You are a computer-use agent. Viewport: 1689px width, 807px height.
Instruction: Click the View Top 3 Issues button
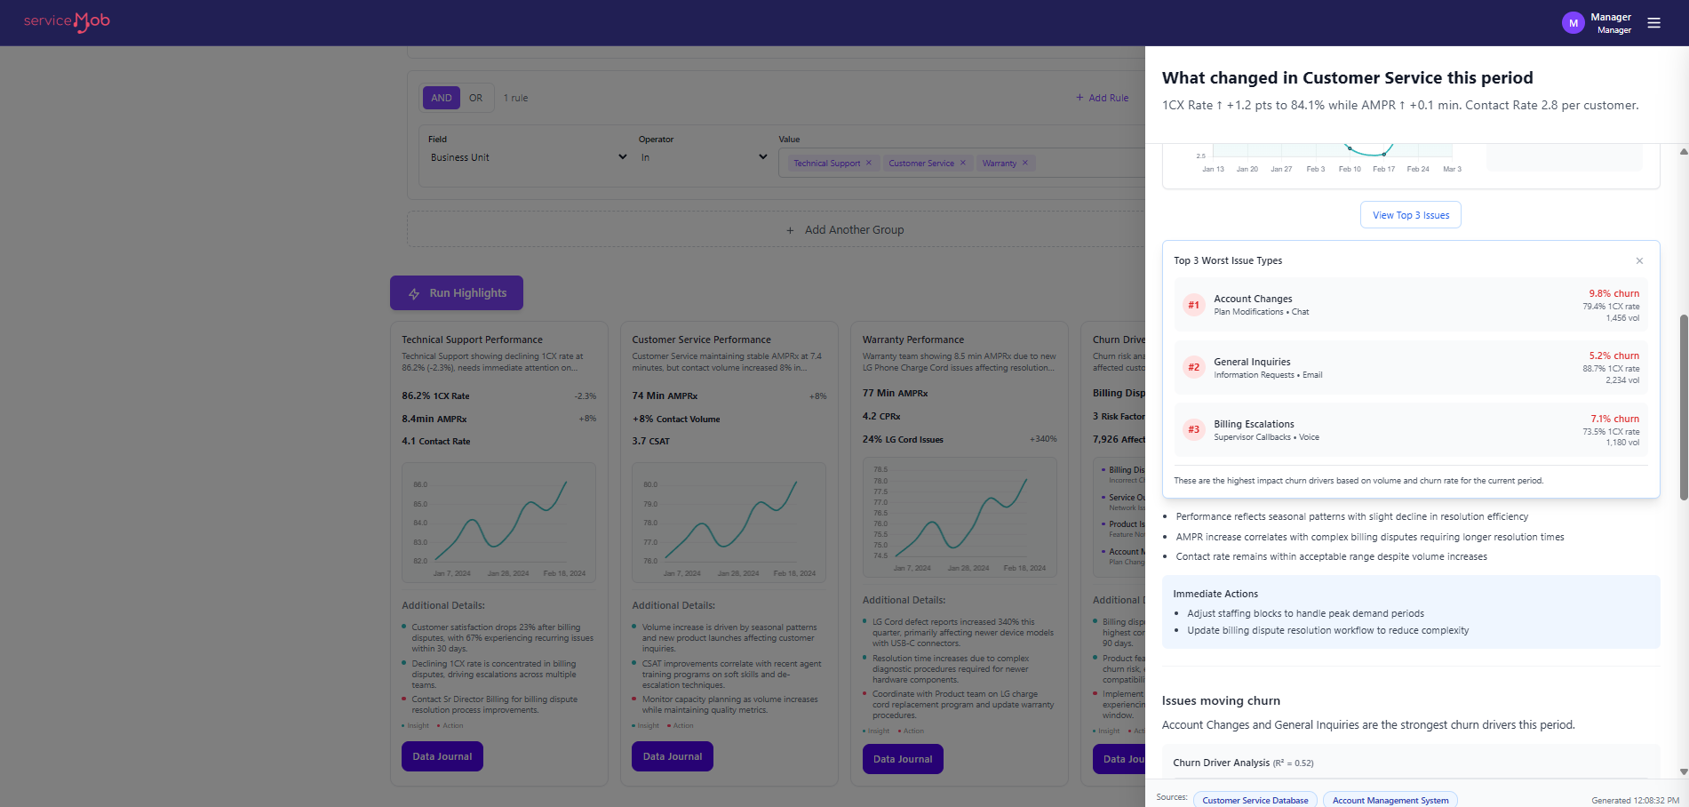(1410, 215)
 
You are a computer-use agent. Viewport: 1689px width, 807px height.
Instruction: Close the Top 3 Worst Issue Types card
(1639, 260)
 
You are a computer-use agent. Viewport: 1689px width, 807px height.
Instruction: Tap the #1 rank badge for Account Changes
(1193, 305)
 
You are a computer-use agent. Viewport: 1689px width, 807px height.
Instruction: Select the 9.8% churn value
(1613, 293)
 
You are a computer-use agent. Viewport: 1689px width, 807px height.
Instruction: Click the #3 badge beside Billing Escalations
(1193, 429)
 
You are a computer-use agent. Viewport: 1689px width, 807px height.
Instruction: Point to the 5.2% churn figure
(1613, 356)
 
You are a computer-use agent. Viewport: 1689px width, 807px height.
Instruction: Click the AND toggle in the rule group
(442, 98)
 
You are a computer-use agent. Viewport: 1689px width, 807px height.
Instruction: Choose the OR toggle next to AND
(476, 98)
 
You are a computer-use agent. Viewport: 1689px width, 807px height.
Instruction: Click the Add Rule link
(1103, 98)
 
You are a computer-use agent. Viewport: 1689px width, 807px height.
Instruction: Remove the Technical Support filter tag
(868, 163)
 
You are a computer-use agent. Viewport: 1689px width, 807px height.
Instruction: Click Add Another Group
(845, 230)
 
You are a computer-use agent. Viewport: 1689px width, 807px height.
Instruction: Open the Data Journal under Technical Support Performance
(442, 756)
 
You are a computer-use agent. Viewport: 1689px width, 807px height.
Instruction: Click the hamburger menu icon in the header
(1653, 23)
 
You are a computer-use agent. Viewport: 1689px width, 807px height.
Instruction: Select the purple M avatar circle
(1573, 23)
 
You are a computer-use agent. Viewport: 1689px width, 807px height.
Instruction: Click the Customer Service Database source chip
(1255, 800)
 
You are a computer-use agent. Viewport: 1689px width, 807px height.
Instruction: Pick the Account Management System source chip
(1390, 800)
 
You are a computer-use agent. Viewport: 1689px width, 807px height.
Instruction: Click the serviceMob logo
(67, 21)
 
